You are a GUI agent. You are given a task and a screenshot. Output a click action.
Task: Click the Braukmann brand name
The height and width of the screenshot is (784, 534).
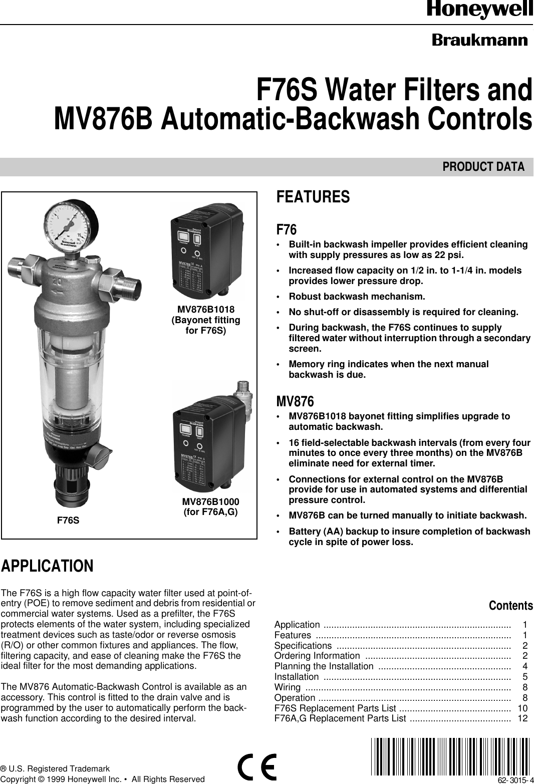[x=480, y=40]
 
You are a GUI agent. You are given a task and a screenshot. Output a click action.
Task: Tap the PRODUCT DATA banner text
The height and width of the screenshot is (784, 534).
[x=483, y=167]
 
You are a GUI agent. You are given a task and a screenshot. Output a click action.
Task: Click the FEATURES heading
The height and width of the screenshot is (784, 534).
[x=313, y=197]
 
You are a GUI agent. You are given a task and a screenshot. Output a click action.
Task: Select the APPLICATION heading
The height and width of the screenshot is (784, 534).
[x=47, y=566]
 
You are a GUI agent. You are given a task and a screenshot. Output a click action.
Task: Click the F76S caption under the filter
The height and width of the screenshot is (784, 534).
[x=68, y=520]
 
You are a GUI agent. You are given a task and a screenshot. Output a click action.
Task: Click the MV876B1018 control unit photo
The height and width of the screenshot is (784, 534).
[x=206, y=250]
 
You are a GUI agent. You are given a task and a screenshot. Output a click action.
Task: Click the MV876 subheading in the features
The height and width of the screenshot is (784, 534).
[x=295, y=401]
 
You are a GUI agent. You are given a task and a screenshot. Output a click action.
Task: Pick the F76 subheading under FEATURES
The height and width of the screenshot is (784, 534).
[x=287, y=230]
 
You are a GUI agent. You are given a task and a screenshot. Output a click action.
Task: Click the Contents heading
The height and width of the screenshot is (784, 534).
[x=510, y=606]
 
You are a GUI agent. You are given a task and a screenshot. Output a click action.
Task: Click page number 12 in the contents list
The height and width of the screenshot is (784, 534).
[x=522, y=719]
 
